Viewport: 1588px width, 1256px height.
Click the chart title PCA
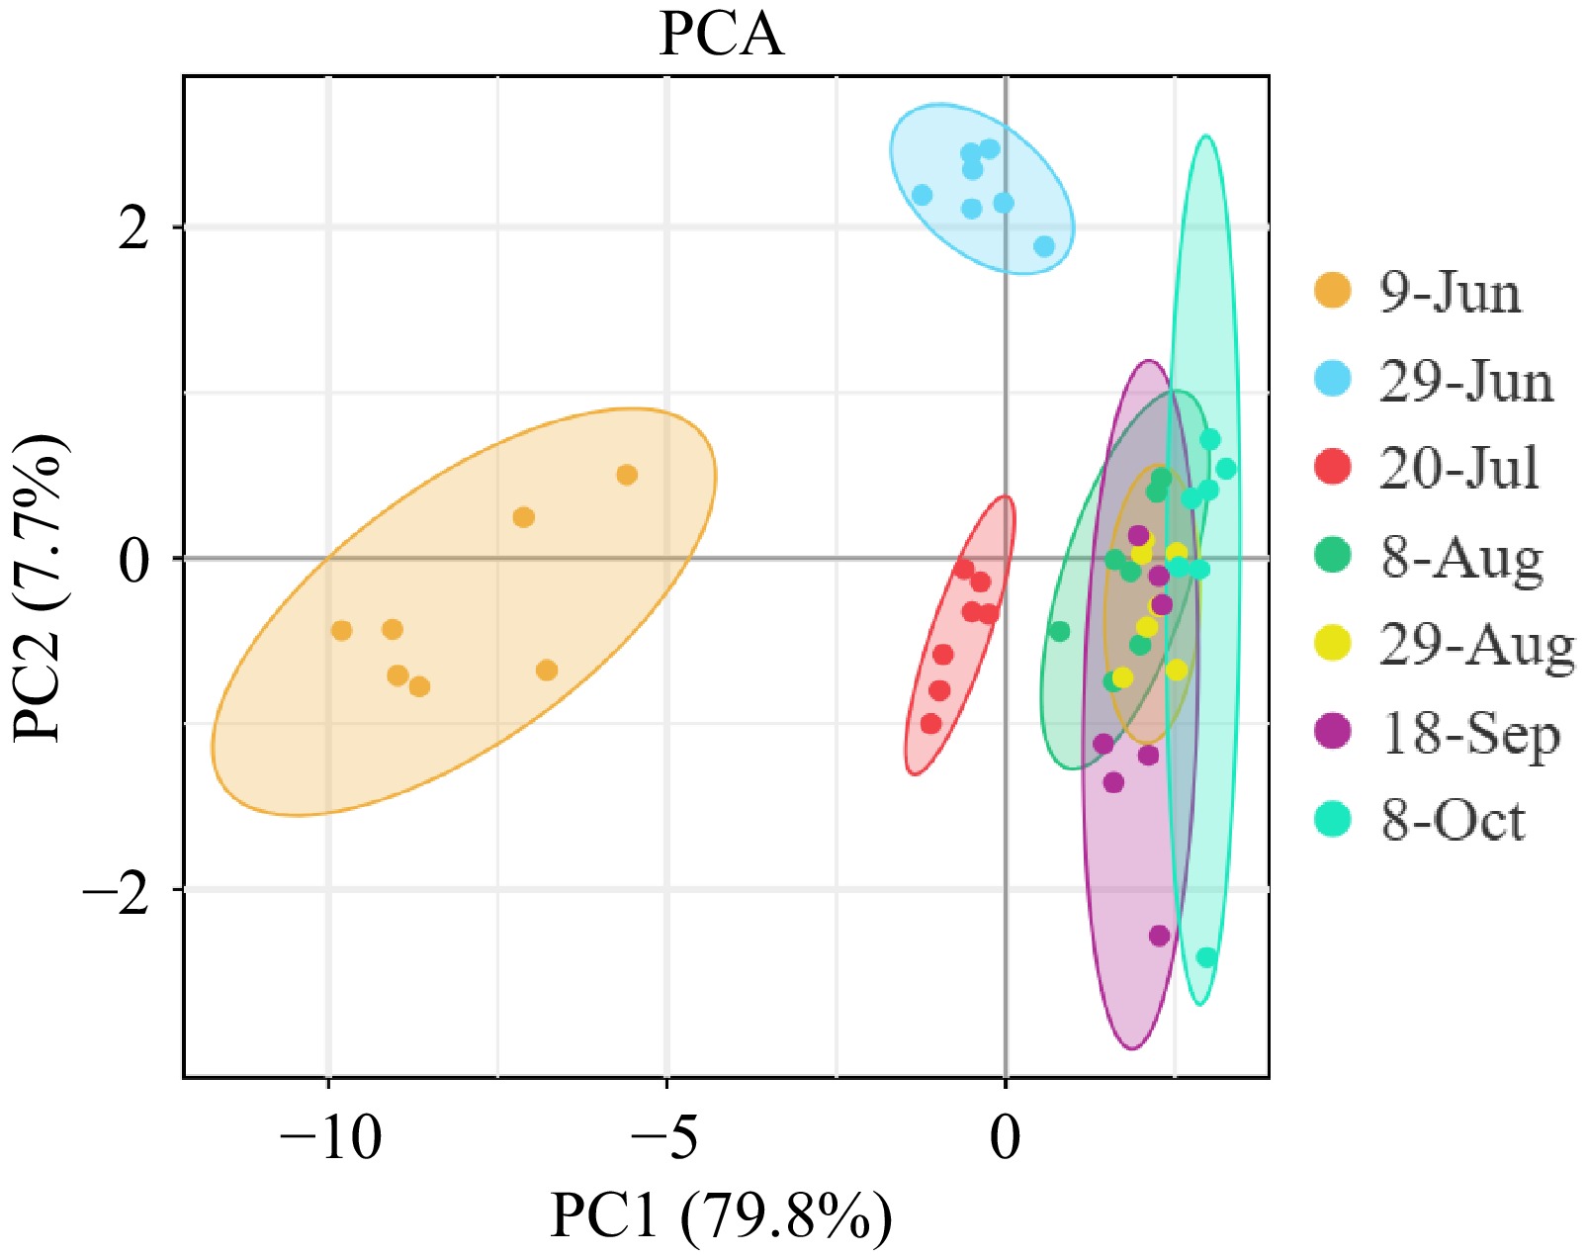(721, 35)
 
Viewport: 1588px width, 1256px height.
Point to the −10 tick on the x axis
(329, 1138)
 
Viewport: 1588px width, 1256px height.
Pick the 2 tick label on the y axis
(132, 228)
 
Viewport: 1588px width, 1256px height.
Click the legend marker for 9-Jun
(1333, 292)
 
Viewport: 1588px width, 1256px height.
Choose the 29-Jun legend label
(1465, 381)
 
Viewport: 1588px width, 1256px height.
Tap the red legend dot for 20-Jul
(1333, 467)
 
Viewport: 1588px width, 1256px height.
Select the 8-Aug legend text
(1461, 558)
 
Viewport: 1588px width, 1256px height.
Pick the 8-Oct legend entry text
(1453, 820)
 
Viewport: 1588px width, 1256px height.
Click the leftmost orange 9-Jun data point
(342, 630)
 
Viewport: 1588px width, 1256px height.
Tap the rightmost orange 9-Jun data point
(627, 475)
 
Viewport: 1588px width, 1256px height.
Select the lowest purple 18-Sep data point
(1160, 935)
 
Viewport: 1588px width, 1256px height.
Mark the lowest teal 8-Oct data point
(1206, 957)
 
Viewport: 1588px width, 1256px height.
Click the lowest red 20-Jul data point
(930, 724)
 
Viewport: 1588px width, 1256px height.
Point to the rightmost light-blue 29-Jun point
(1044, 246)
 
